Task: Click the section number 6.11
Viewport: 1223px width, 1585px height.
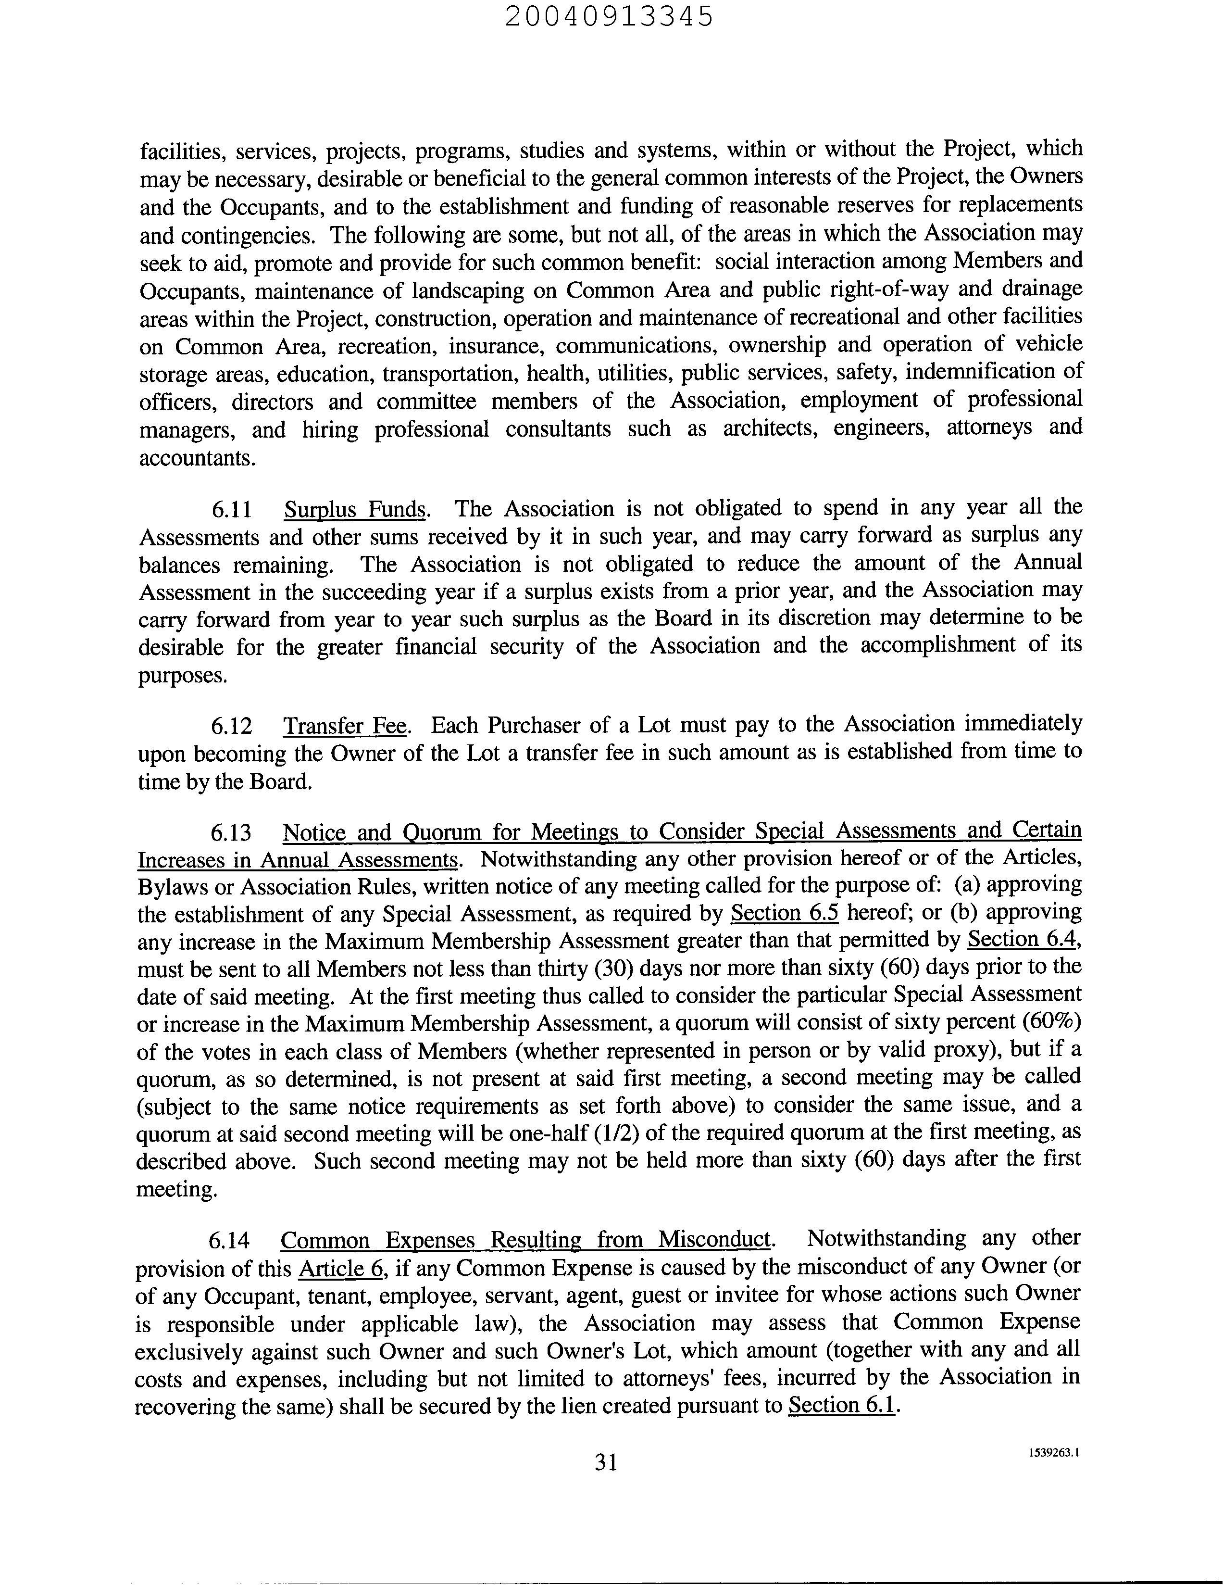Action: pyautogui.click(x=231, y=510)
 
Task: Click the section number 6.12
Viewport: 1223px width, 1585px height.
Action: pyautogui.click(x=231, y=726)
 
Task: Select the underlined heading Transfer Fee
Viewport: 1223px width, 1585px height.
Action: pyautogui.click(x=345, y=726)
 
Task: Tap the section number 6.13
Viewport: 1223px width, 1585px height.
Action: pyautogui.click(x=231, y=831)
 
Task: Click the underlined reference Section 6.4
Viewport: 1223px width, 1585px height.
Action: pyautogui.click(x=1023, y=940)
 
